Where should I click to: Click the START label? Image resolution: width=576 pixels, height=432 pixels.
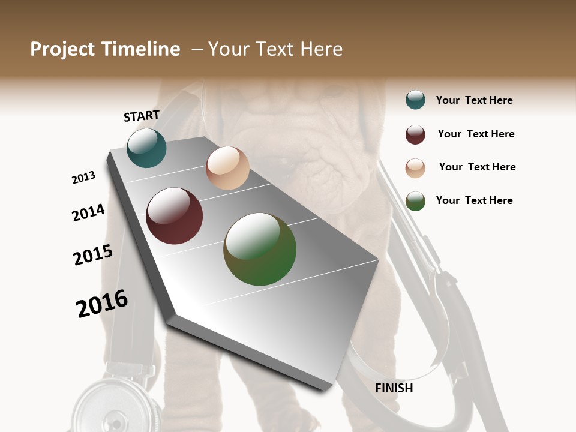(x=142, y=116)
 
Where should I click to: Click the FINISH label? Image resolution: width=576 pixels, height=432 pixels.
(x=394, y=388)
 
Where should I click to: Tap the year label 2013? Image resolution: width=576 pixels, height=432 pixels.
(x=83, y=178)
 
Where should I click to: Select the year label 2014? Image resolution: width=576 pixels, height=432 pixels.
(x=88, y=213)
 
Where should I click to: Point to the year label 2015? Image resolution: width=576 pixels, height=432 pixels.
(x=93, y=255)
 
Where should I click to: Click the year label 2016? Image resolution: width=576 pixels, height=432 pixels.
(x=102, y=304)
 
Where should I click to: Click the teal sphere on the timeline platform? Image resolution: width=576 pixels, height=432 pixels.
(x=146, y=148)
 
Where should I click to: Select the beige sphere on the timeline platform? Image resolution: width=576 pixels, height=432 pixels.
(x=227, y=168)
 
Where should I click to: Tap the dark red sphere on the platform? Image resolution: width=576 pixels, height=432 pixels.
(x=175, y=216)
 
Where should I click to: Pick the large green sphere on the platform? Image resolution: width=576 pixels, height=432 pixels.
(x=260, y=249)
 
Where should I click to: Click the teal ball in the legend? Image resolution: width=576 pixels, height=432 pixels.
(x=415, y=100)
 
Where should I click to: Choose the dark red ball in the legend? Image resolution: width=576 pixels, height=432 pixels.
(x=415, y=134)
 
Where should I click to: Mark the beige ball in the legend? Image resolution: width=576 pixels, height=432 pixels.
(x=415, y=168)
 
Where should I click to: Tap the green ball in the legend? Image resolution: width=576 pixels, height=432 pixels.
(x=415, y=201)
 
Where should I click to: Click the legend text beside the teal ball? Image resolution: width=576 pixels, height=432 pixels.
(x=474, y=100)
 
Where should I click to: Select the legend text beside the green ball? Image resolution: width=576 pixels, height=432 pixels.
(x=474, y=200)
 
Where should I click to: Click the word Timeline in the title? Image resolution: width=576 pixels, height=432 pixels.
(x=140, y=49)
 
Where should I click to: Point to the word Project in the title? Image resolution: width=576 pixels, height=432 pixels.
(x=63, y=49)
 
